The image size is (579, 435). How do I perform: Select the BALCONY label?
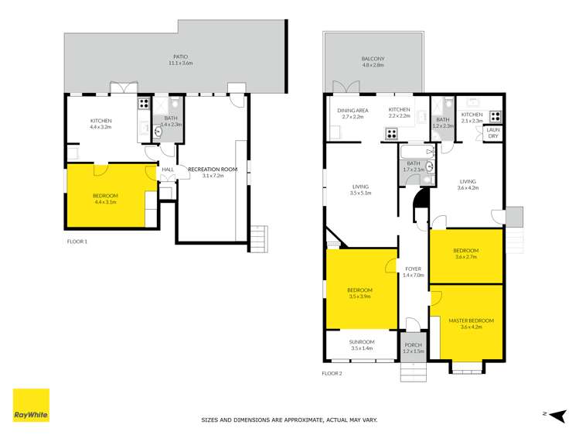point(373,59)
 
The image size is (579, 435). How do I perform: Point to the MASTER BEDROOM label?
point(471,320)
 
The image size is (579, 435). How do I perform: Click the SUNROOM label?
point(362,341)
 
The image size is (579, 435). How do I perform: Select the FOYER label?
point(413,269)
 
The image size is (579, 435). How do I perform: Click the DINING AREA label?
point(353,110)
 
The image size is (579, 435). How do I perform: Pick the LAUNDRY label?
point(492,132)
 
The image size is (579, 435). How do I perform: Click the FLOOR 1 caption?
point(77,241)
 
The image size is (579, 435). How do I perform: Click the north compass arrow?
point(555,416)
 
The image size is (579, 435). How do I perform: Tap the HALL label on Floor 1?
point(168,169)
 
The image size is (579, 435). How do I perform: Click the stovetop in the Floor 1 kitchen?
point(143,103)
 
